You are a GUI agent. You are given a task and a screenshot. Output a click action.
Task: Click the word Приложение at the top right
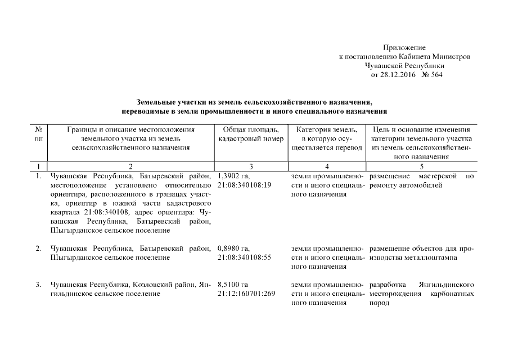[404, 48]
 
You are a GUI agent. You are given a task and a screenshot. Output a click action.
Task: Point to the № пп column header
[38, 134]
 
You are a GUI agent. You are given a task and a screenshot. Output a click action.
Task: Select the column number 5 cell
[421, 166]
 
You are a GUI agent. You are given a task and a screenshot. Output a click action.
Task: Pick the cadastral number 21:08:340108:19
[244, 185]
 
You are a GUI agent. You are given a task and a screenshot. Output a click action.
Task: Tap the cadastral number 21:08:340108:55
[244, 257]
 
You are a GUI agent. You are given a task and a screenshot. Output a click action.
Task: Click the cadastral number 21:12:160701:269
[246, 294]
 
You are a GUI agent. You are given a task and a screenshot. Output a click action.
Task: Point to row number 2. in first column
[38, 248]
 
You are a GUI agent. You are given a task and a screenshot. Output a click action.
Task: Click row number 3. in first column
[38, 285]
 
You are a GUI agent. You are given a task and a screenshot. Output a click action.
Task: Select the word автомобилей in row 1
[424, 185]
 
